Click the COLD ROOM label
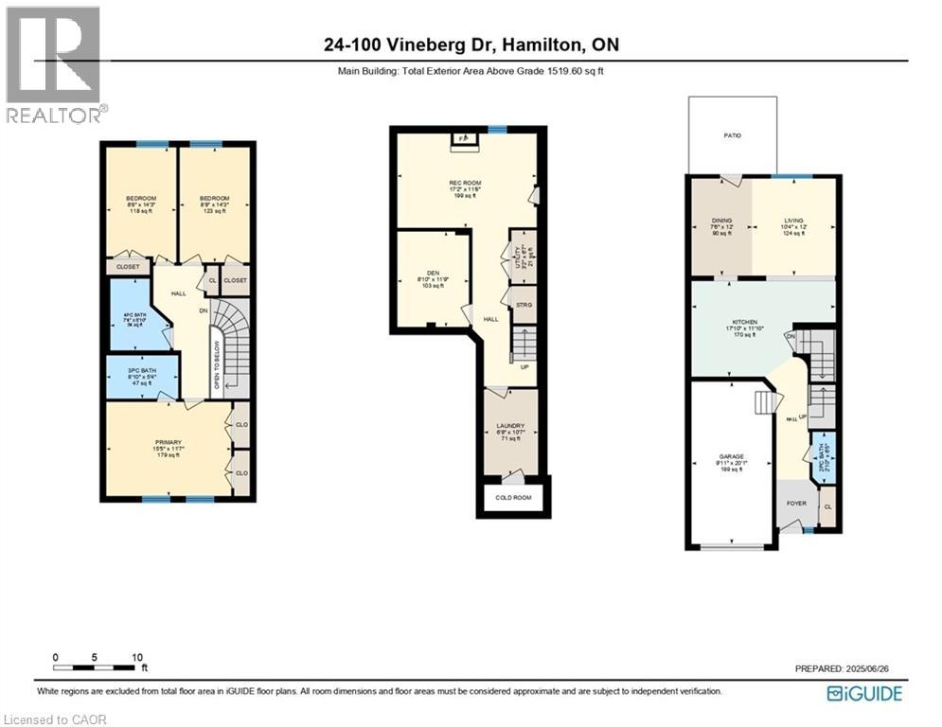click(x=512, y=497)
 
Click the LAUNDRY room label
click(x=510, y=426)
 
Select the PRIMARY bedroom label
click(x=168, y=441)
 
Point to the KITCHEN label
click(x=743, y=323)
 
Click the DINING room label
click(x=721, y=221)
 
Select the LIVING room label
click(x=792, y=221)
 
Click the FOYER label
click(x=796, y=503)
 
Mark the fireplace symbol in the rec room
click(x=463, y=139)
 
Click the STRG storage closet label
click(x=523, y=304)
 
